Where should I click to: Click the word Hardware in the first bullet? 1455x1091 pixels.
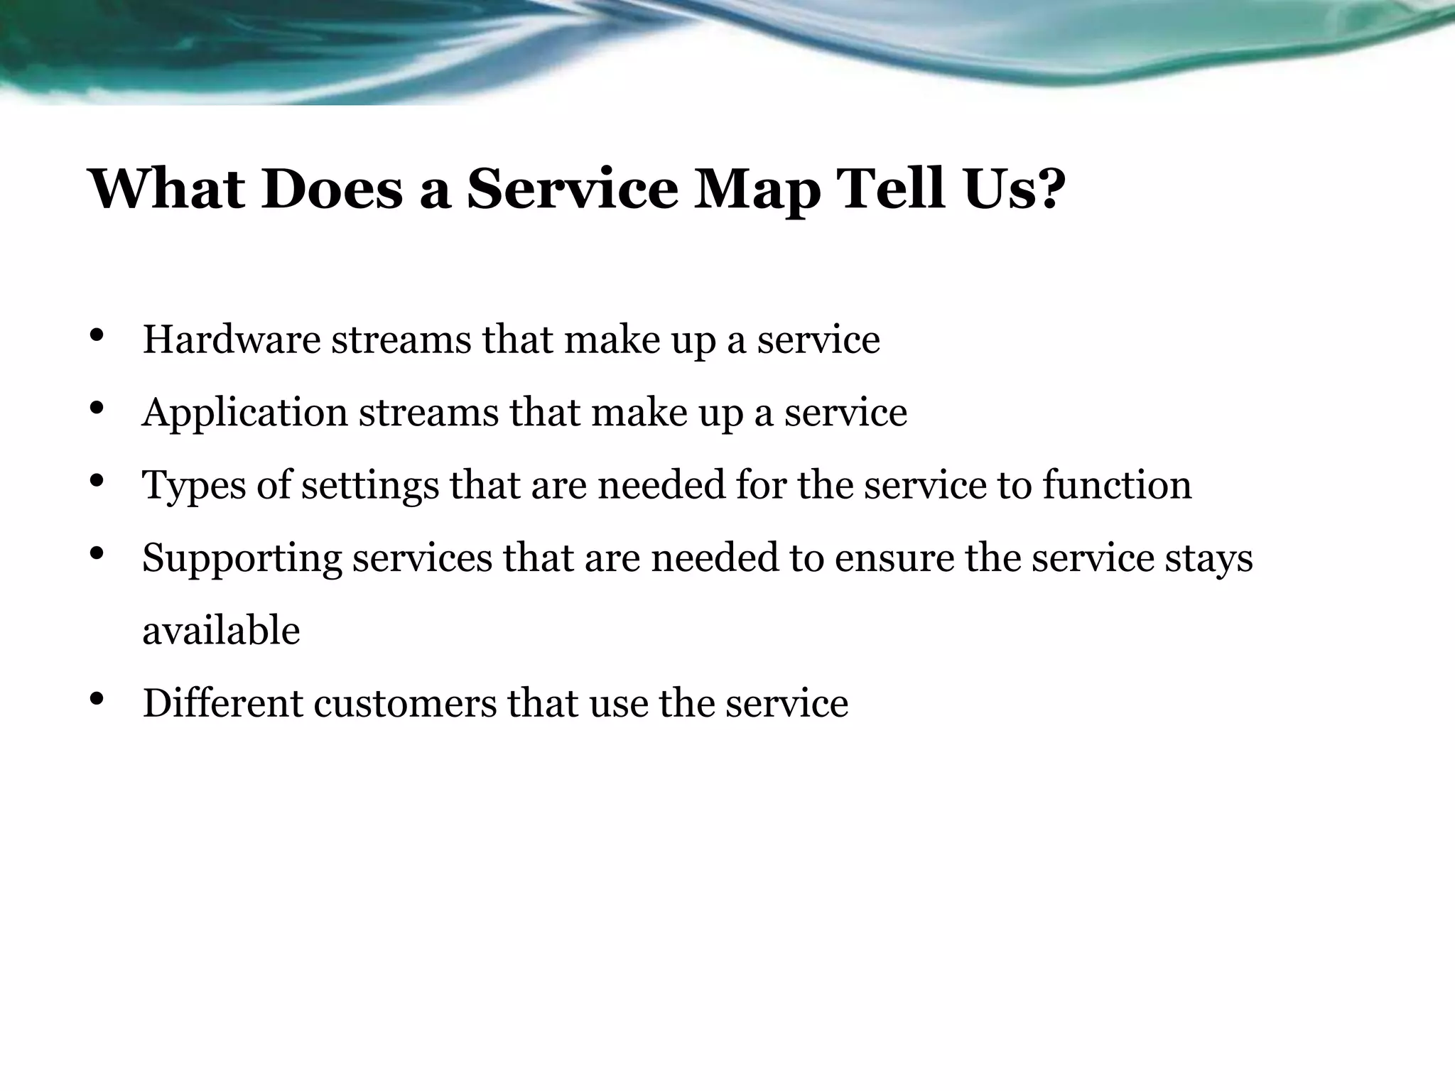coord(232,340)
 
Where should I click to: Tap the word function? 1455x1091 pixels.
coord(1117,485)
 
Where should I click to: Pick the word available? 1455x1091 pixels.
coord(221,631)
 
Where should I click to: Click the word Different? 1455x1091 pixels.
coord(222,703)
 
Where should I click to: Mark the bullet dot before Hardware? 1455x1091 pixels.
coord(98,336)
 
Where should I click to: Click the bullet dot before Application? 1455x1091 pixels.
coord(98,408)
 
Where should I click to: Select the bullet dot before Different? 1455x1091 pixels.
coord(98,699)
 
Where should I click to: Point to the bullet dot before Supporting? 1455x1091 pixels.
coord(98,553)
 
